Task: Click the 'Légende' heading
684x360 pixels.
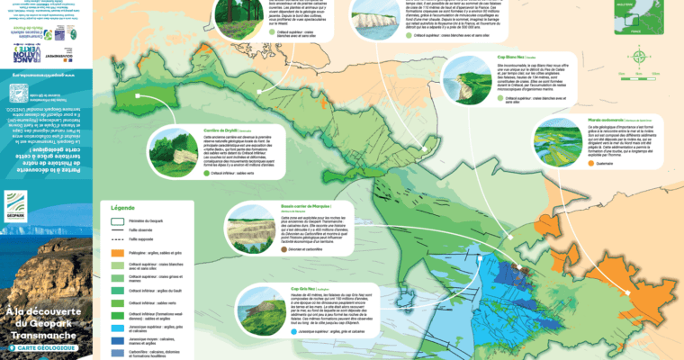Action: (123, 207)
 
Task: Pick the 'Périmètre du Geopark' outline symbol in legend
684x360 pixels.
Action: (116, 220)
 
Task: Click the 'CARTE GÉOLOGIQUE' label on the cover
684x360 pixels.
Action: (42, 346)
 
